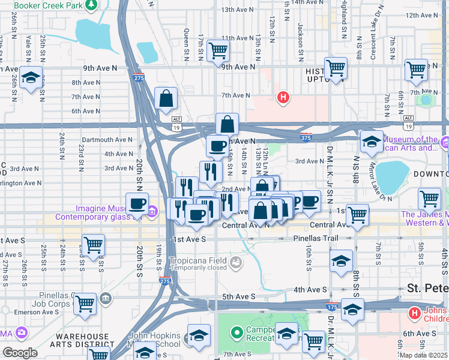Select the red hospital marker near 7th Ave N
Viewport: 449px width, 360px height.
click(283, 96)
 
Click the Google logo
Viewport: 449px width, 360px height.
click(20, 353)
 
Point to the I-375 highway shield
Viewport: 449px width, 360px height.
click(306, 137)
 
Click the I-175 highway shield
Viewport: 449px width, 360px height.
click(331, 307)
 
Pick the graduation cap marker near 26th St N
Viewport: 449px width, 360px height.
click(29, 77)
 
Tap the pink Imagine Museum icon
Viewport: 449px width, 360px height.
click(152, 211)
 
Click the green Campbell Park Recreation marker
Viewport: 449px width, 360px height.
click(237, 331)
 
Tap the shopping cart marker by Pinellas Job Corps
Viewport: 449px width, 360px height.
click(85, 304)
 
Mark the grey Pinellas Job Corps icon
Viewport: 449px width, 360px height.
click(106, 298)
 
